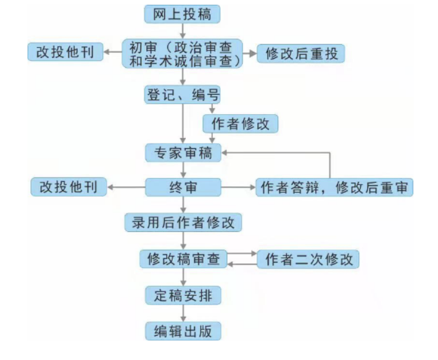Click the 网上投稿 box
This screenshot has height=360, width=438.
[182, 13]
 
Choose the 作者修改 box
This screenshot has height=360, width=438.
[241, 123]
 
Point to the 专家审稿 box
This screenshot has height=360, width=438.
[183, 152]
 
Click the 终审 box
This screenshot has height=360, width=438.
[183, 187]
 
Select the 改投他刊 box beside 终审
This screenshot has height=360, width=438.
[68, 187]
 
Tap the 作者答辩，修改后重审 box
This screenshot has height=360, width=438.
[334, 187]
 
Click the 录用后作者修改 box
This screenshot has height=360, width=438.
[183, 222]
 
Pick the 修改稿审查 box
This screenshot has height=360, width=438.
[183, 259]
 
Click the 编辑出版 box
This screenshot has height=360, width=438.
[183, 331]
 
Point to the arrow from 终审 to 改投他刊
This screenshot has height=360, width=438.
[126, 187]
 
